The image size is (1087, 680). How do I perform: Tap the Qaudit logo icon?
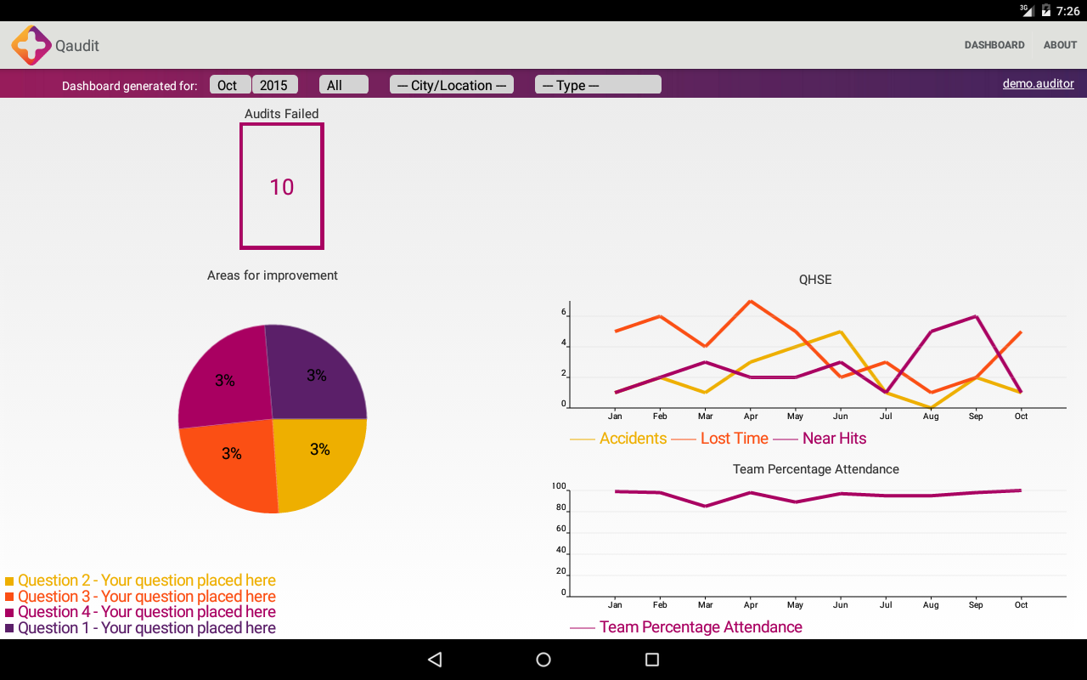pos(31,45)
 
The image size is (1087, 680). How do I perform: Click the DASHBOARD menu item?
pos(994,45)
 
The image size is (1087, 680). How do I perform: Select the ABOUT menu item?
pos(1060,45)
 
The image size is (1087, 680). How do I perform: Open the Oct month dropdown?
pos(228,85)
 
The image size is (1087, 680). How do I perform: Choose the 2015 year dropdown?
pos(274,85)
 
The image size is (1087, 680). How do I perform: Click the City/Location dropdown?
pos(452,85)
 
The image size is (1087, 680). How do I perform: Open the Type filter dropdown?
pos(598,85)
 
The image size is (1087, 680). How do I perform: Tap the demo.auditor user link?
pos(1038,84)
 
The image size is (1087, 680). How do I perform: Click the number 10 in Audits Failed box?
pos(281,187)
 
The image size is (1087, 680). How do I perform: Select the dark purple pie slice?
pos(316,374)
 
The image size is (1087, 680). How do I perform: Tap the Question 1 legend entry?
pos(146,628)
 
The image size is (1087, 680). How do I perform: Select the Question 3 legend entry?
pos(146,597)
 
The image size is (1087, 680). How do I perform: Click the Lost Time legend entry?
pos(734,439)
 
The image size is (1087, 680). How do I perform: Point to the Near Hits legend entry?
pos(834,439)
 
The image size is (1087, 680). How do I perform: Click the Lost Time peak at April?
pos(751,301)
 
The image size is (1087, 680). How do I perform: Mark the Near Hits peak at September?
pos(977,316)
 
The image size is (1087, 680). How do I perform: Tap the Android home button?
pos(543,660)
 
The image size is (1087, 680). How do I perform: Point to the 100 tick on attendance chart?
pos(559,487)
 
